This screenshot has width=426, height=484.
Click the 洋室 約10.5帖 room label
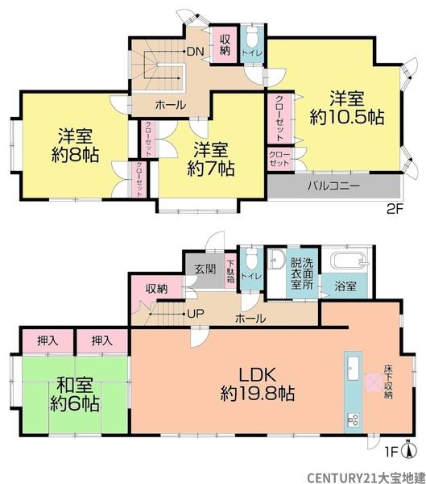pyautogui.click(x=346, y=107)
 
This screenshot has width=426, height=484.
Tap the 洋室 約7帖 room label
pyautogui.click(x=210, y=159)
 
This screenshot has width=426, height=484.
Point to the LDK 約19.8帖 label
pyautogui.click(x=258, y=384)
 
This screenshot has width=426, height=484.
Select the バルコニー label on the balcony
pyautogui.click(x=332, y=185)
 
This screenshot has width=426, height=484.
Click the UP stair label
pyautogui.click(x=195, y=314)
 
